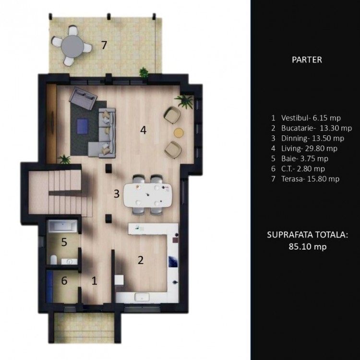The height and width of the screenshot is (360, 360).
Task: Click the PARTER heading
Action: point(306,60)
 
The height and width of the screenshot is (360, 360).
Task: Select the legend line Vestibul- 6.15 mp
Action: point(305,117)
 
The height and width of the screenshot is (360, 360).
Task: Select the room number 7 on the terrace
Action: point(104,45)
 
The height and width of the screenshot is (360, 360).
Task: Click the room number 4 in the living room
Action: point(143,129)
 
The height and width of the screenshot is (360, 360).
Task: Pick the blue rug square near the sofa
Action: point(82,126)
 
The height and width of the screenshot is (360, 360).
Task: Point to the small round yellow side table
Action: point(179,133)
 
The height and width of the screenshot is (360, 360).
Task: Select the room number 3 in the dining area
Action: point(116,194)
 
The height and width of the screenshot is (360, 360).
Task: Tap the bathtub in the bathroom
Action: point(63,227)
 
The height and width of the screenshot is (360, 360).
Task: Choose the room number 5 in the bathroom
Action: point(64,242)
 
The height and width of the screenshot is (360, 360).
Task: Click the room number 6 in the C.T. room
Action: point(64,281)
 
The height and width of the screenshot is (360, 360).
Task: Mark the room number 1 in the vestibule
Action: point(94,281)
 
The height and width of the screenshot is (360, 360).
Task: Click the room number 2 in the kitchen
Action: point(140,260)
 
